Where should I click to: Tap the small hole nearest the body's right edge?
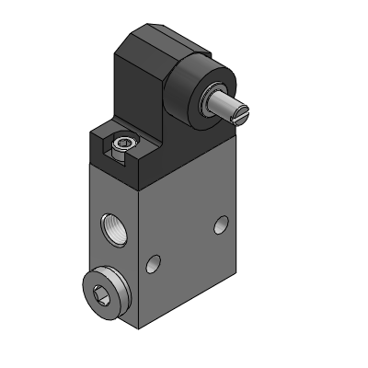coord(221,224)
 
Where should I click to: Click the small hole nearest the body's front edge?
coord(154,268)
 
